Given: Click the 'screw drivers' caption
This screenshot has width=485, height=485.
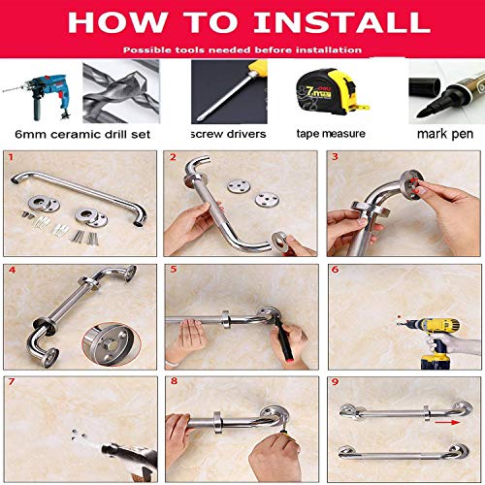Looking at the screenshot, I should [x=231, y=134].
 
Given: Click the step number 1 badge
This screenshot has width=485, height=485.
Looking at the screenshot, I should [x=11, y=156].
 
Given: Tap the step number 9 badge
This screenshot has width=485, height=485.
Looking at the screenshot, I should [x=334, y=381].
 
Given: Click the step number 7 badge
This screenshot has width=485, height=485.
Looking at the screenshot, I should [x=11, y=381].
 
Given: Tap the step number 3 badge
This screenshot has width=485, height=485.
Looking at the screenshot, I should [x=334, y=156].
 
